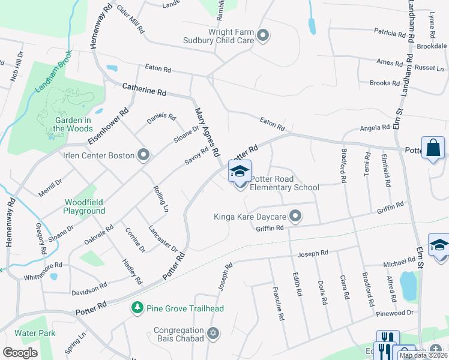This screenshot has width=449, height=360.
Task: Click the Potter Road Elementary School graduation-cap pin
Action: tap(240, 172)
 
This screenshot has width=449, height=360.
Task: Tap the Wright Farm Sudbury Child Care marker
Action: tap(263, 36)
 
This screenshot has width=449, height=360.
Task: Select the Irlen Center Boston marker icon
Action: tap(143, 156)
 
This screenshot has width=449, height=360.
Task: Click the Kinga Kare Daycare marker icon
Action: tap(295, 216)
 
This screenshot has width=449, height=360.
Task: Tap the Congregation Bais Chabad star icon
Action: tap(212, 332)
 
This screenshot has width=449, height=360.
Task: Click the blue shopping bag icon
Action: tap(433, 148)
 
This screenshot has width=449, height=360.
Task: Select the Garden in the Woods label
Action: tap(72, 124)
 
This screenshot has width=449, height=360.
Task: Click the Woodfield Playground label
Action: tap(85, 207)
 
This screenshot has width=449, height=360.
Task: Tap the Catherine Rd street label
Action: tap(144, 91)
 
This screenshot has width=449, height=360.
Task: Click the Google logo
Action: tap(20, 353)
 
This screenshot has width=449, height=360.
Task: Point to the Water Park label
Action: tap(35, 332)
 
